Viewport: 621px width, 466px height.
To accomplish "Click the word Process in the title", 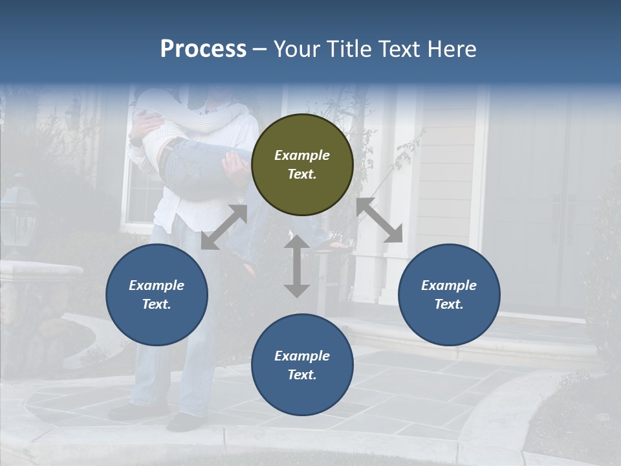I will click(203, 49).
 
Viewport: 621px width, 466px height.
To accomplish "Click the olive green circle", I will click(302, 164).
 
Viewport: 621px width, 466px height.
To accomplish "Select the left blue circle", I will click(157, 294).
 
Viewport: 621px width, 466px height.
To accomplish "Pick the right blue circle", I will click(449, 294).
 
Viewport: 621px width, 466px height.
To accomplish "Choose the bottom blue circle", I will click(302, 365).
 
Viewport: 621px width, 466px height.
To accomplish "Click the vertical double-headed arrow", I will click(297, 266).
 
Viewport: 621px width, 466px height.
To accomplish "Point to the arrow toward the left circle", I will click(224, 227).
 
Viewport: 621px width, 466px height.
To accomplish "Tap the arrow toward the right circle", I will click(380, 220).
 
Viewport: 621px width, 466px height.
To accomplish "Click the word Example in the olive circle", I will click(302, 155).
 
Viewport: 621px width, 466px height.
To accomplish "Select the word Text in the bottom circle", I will click(302, 375).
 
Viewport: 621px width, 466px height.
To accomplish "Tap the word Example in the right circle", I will click(449, 285).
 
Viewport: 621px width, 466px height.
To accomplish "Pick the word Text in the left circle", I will click(157, 304).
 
